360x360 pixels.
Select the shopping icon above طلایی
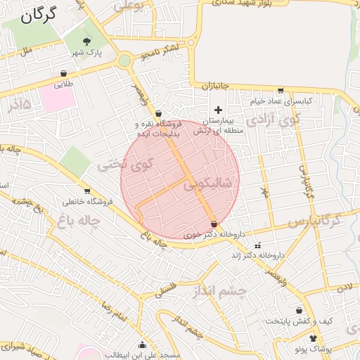pos(64,73)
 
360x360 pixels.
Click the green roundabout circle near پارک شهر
pos(124,61)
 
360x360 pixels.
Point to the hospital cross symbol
pos(218,110)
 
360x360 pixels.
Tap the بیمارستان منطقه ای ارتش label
pos(218,126)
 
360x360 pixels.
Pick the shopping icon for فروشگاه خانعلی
pos(87,191)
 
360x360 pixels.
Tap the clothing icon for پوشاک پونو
pos(313,338)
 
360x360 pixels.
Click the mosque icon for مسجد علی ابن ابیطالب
pos(143,345)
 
